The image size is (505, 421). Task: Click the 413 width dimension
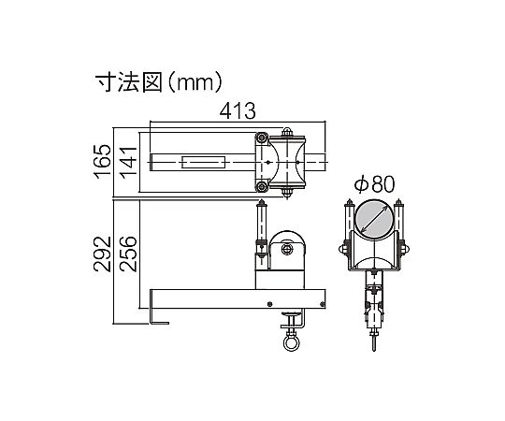pyautogui.click(x=238, y=111)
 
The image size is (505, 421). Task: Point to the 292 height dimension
pyautogui.click(x=103, y=254)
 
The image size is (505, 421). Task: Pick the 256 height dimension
pyautogui.click(x=128, y=254)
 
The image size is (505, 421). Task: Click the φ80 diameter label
pyautogui.click(x=375, y=184)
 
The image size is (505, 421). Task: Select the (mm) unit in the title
pyautogui.click(x=195, y=82)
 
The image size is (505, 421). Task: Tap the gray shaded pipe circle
pyautogui.click(x=373, y=219)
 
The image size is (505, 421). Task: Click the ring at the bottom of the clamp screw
pyautogui.click(x=291, y=343)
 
